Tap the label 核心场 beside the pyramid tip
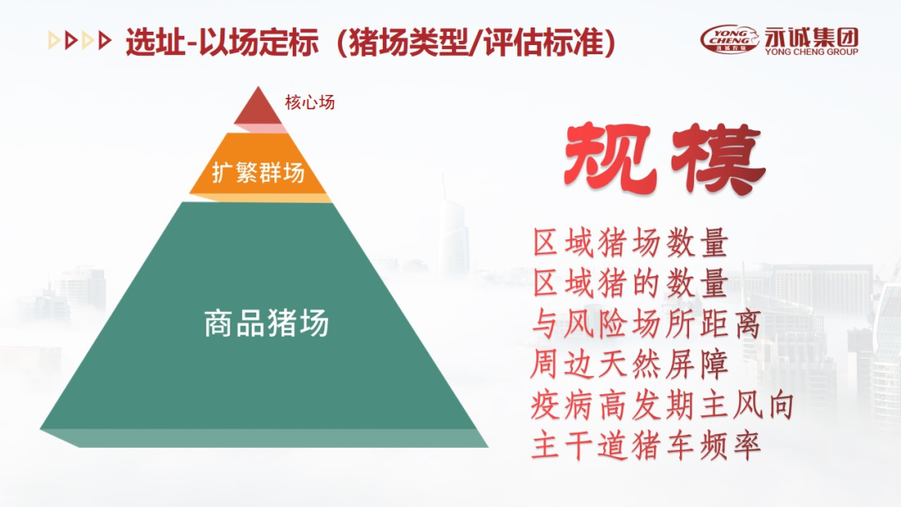click(x=310, y=103)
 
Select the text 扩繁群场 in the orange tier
click(x=258, y=173)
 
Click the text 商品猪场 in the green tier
click(x=266, y=323)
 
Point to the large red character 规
click(x=610, y=158)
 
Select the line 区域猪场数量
click(x=631, y=243)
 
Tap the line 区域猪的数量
click(x=631, y=283)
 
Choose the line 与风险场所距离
click(x=647, y=324)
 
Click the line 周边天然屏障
click(x=629, y=364)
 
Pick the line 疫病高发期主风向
click(x=662, y=405)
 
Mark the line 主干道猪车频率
click(x=647, y=446)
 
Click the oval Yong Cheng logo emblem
click(x=730, y=39)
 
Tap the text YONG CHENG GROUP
click(x=812, y=51)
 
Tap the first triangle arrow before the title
click(x=54, y=41)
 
